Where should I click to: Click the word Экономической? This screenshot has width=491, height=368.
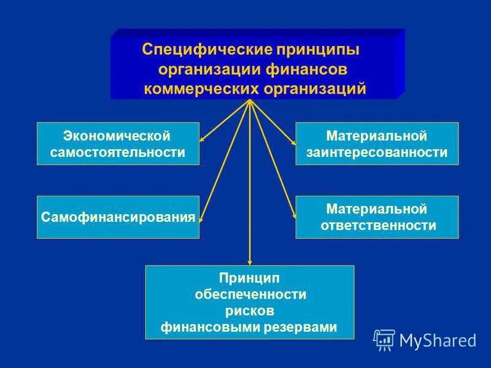(x=117, y=134)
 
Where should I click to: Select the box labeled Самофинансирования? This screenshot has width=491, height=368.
(x=118, y=217)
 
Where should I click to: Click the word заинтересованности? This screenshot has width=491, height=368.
(x=377, y=152)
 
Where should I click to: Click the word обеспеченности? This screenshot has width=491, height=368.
(x=250, y=294)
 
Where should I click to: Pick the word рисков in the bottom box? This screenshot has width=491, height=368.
(x=249, y=311)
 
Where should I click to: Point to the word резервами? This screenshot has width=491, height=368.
(x=306, y=328)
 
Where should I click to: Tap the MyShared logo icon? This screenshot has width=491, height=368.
(x=384, y=339)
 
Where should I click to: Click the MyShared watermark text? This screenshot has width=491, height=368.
(x=438, y=340)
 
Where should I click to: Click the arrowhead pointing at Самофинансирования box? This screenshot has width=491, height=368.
(x=202, y=217)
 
